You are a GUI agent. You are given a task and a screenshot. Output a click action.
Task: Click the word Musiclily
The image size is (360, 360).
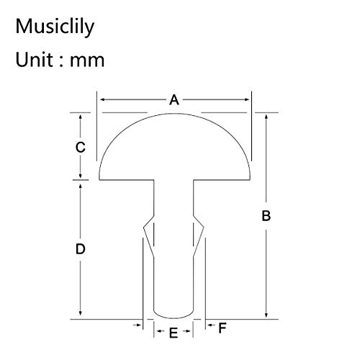[x=55, y=27]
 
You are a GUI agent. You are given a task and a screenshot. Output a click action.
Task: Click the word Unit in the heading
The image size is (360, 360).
[x=34, y=59]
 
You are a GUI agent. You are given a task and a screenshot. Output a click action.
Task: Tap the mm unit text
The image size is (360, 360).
[x=87, y=61]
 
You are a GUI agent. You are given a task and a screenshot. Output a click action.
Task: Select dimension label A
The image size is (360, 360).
[x=174, y=100]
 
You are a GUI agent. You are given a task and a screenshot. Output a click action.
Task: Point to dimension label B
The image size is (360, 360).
[x=266, y=215]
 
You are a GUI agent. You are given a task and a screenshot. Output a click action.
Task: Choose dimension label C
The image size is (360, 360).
[x=81, y=147]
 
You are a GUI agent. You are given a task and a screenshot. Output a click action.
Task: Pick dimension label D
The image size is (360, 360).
[x=81, y=249]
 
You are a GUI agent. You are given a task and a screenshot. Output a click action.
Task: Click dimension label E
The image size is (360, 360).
[x=174, y=333]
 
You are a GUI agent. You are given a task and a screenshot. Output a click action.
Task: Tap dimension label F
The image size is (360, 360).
[x=222, y=328]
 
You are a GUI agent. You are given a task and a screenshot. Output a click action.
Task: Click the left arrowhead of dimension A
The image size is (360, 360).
[x=102, y=99]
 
